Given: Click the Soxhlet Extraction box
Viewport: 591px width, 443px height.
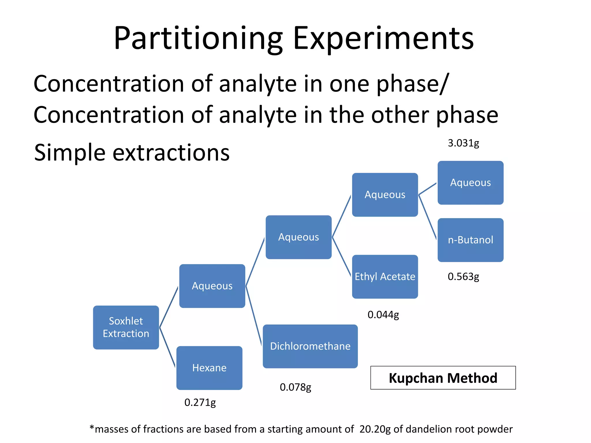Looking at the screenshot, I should (x=126, y=327).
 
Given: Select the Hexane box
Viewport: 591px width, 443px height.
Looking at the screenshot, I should (x=209, y=368).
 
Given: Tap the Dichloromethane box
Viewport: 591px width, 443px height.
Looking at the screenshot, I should (x=310, y=346).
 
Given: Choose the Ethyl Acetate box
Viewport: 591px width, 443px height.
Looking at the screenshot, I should (x=385, y=277).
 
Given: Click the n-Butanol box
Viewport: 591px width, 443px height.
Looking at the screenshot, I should (x=470, y=240).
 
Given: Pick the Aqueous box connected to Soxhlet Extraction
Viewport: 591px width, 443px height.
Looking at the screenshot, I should (x=212, y=286).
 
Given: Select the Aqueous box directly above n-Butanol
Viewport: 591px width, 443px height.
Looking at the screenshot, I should (x=470, y=183).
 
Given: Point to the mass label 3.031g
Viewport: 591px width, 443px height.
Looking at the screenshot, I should (x=463, y=143).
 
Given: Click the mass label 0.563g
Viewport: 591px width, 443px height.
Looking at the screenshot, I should (x=463, y=277).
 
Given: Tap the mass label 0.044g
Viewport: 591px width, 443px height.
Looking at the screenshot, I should (x=383, y=315).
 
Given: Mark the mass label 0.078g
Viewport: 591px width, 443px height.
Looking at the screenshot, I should (x=295, y=387).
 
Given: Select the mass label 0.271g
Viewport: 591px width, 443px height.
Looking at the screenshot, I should (x=200, y=402).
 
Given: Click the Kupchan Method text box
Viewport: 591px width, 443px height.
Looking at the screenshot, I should (x=443, y=378).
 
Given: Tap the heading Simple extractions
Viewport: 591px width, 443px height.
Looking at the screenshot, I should (x=132, y=152).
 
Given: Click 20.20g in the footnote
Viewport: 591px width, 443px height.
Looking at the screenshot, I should (x=375, y=429).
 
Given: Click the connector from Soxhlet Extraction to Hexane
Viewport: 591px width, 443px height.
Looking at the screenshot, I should (x=167, y=347).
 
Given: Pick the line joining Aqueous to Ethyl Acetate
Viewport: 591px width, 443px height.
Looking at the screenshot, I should (x=341, y=256).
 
